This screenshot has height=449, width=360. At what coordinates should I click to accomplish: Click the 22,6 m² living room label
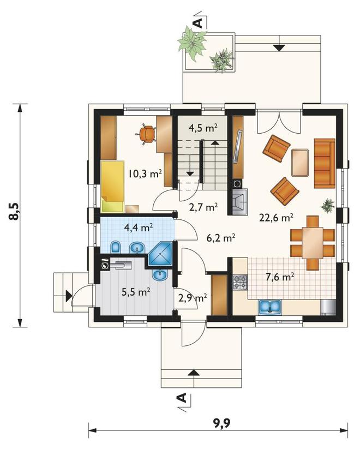276,218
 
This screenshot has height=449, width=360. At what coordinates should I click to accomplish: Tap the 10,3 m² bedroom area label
145,174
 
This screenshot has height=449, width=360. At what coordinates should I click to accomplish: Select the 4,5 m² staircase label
203,128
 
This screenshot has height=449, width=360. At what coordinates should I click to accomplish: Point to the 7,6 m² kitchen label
280,277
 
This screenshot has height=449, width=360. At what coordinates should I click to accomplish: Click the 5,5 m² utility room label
136,292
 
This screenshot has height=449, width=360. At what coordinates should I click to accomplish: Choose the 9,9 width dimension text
222,423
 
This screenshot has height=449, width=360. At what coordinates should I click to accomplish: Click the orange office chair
147,134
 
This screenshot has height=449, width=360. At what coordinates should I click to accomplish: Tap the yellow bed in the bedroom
112,186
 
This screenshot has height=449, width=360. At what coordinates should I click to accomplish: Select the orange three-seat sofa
325,163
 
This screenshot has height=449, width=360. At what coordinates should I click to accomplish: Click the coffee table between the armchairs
300,163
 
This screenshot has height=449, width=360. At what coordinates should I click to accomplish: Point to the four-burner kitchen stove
240,283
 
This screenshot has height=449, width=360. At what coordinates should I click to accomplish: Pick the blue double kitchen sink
270,307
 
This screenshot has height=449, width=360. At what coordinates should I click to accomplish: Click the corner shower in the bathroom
161,255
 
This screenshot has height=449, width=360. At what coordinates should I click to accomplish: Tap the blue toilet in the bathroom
116,247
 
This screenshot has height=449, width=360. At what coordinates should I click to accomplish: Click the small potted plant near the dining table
327,205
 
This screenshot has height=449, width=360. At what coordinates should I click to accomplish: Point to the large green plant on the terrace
192,43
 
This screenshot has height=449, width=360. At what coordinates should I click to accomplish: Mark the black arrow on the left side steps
69,296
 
